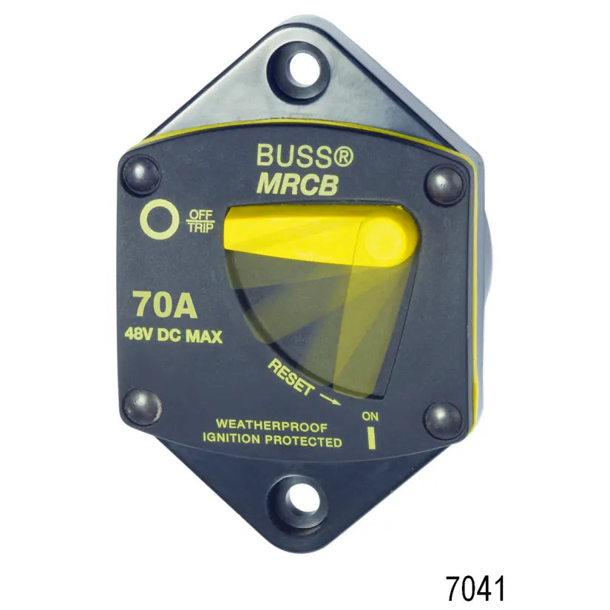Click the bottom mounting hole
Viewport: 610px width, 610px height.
coord(299,501)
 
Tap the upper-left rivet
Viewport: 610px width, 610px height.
coord(141,174)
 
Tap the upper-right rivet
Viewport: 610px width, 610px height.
coord(444,185)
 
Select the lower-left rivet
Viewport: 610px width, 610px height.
coord(142,407)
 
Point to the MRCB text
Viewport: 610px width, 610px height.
coord(298,184)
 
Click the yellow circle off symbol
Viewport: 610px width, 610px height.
coord(160,219)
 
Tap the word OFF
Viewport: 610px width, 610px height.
coord(200,214)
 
